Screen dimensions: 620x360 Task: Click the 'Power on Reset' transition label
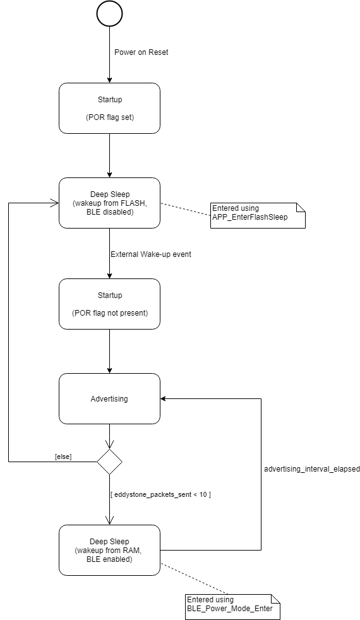pos(141,52)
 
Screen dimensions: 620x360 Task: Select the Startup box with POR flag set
pos(109,108)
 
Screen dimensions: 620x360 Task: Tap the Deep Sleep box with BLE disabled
pos(109,203)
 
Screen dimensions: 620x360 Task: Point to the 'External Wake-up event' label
pos(150,254)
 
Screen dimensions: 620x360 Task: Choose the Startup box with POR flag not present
pos(109,304)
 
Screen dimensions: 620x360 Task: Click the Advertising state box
pos(109,398)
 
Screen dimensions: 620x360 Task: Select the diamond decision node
pos(109,462)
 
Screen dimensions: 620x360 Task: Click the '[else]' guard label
pos(63,456)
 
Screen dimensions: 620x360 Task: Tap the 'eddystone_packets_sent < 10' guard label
pos(160,494)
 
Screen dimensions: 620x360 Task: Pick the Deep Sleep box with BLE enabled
pos(109,550)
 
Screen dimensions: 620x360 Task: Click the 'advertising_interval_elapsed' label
pos(311,470)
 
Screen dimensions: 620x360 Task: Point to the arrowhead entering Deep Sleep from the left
pos(54,203)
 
